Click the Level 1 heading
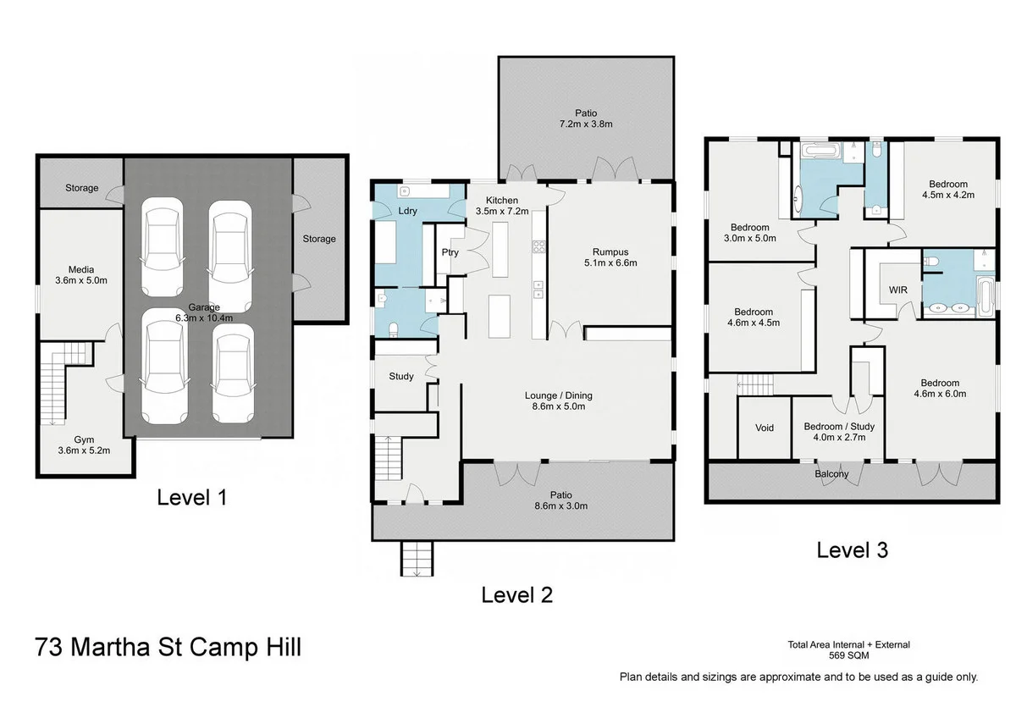pyautogui.click(x=192, y=497)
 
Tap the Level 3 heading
pyautogui.click(x=852, y=550)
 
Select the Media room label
pyautogui.click(x=76, y=275)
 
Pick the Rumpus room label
pyautogui.click(x=610, y=257)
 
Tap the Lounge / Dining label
pyautogui.click(x=559, y=400)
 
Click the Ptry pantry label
pyautogui.click(x=450, y=252)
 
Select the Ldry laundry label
pyautogui.click(x=407, y=211)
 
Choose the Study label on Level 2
pyautogui.click(x=401, y=377)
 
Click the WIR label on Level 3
pyautogui.click(x=898, y=290)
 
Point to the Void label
pyautogui.click(x=765, y=428)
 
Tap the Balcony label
pyautogui.click(x=831, y=474)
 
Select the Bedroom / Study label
pyautogui.click(x=838, y=432)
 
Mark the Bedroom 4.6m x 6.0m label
pyautogui.click(x=940, y=388)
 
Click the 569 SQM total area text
pyautogui.click(x=848, y=655)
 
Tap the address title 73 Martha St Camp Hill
pyautogui.click(x=168, y=649)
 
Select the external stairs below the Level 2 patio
pyautogui.click(x=417, y=559)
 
